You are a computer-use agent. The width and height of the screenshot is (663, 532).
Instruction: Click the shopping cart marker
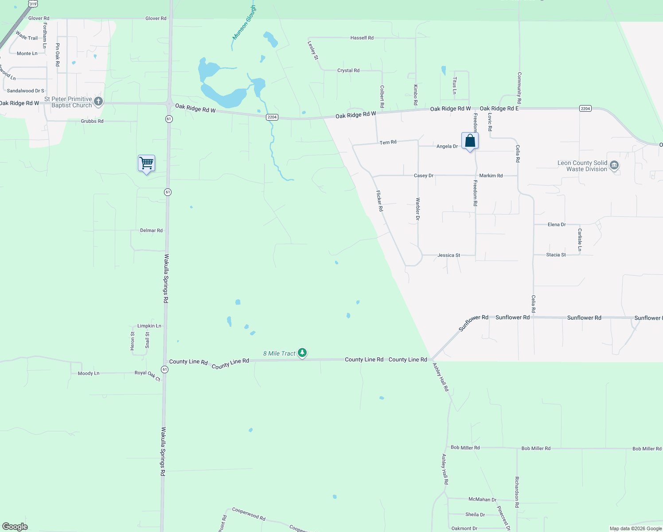pyautogui.click(x=146, y=163)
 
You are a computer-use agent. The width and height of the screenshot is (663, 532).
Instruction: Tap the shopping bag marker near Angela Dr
pyautogui.click(x=470, y=141)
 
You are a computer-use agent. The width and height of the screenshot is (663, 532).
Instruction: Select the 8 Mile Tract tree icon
pyautogui.click(x=302, y=353)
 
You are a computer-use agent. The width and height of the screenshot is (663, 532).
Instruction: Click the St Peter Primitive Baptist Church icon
pyautogui.click(x=98, y=102)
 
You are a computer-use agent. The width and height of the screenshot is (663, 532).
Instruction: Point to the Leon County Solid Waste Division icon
pyautogui.click(x=614, y=166)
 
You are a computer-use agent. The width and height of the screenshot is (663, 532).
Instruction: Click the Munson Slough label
pyautogui.click(x=244, y=22)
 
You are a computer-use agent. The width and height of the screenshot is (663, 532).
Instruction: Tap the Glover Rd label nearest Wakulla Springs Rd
pyautogui.click(x=156, y=19)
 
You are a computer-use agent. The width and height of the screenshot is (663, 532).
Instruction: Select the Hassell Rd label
pyautogui.click(x=362, y=38)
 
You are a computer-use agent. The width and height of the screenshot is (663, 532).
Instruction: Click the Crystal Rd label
pyautogui.click(x=348, y=70)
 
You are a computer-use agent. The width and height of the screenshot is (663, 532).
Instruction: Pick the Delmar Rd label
pyautogui.click(x=151, y=231)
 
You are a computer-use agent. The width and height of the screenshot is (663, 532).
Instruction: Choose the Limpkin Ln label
pyautogui.click(x=149, y=326)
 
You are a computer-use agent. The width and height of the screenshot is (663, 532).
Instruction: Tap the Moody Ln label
pyautogui.click(x=89, y=373)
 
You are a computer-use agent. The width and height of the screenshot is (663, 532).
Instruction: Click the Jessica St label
pyautogui.click(x=448, y=255)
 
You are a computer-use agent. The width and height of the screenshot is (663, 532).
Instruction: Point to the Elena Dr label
pyautogui.click(x=557, y=225)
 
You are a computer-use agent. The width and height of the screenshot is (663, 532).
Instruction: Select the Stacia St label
pyautogui.click(x=556, y=255)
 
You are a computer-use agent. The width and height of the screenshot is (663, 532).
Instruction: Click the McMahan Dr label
pyautogui.click(x=482, y=499)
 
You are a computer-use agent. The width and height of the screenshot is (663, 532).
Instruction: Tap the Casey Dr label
pyautogui.click(x=423, y=176)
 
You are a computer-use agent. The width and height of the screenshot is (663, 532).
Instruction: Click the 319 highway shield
pyautogui.click(x=33, y=4)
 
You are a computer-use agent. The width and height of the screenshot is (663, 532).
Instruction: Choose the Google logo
pyautogui.click(x=15, y=527)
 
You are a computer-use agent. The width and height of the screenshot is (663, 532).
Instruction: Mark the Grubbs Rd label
pyautogui.click(x=92, y=121)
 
